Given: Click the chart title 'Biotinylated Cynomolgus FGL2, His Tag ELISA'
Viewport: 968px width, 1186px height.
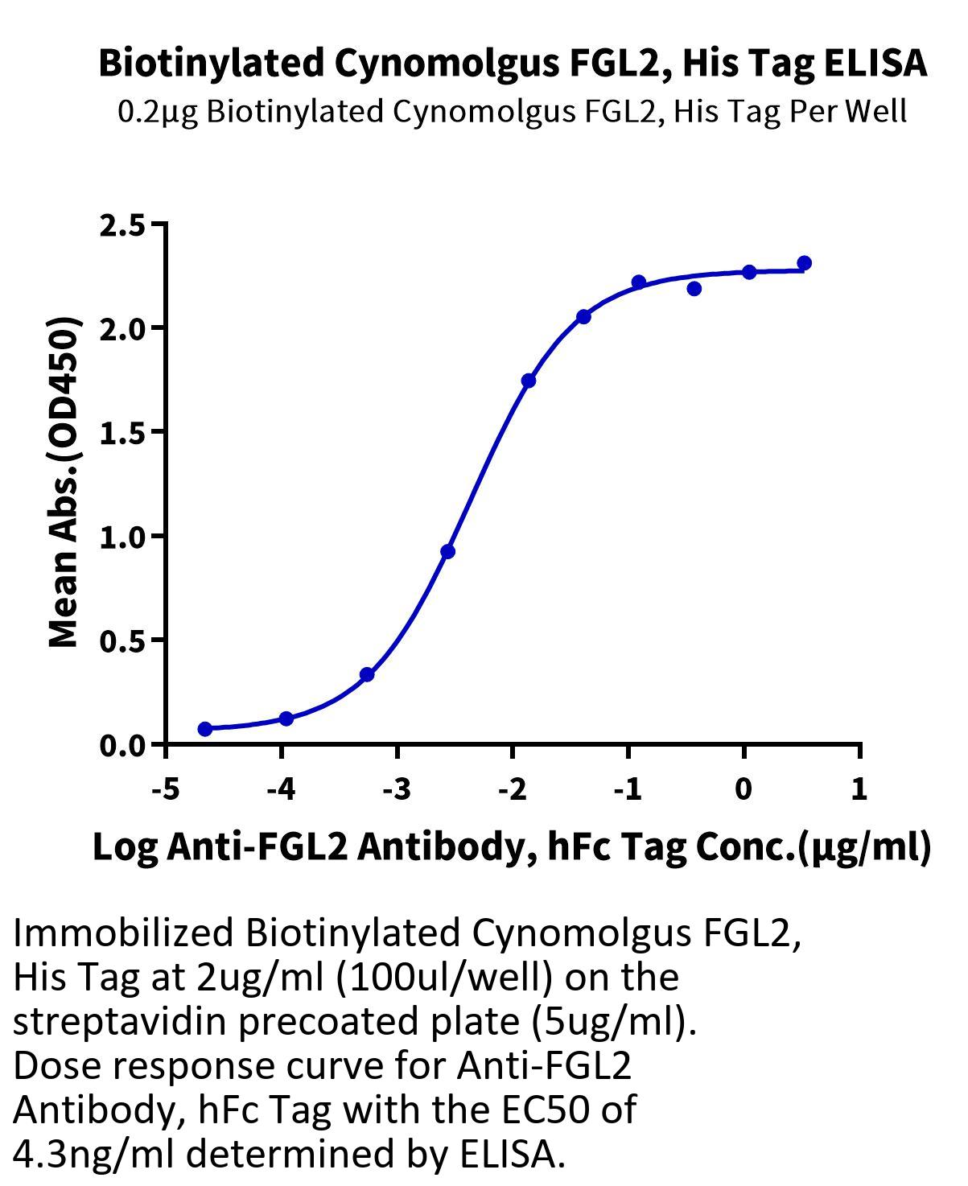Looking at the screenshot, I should (x=512, y=63).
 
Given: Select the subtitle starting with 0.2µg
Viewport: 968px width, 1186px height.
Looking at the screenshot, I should (x=512, y=111).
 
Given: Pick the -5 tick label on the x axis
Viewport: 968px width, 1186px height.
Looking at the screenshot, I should (x=166, y=789).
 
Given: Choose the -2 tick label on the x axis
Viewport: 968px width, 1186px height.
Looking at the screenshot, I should (x=513, y=789).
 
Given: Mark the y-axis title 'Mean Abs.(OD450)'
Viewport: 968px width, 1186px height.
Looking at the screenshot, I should (x=64, y=483).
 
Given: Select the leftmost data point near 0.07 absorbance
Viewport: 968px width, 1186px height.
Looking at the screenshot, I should (x=205, y=729).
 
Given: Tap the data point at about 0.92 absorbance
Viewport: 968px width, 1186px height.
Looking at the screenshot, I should (x=448, y=552).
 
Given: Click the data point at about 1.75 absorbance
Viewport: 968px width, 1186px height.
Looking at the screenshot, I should (x=529, y=381).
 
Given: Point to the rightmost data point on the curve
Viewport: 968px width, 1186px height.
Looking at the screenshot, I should (x=804, y=263).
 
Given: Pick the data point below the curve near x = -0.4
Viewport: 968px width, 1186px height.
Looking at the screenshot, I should (x=694, y=289).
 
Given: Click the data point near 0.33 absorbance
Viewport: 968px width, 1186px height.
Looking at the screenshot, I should (x=367, y=674).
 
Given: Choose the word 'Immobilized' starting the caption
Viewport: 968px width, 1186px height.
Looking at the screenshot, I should (x=122, y=933).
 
